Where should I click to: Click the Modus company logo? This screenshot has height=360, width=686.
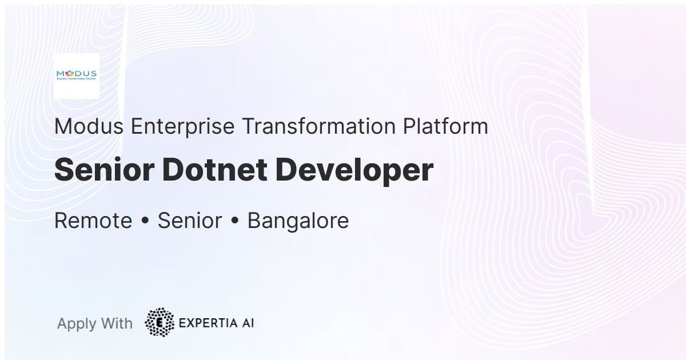(77, 75)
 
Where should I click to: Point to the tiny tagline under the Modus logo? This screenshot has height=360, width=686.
(77, 81)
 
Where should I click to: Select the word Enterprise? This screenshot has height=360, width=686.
(183, 126)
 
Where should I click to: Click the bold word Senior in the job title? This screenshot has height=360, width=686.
(104, 170)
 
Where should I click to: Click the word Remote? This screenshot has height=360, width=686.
(93, 221)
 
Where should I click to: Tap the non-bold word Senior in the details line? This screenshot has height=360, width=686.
(190, 221)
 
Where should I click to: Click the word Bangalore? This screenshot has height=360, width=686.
(298, 221)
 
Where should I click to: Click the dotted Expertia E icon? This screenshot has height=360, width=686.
(159, 322)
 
